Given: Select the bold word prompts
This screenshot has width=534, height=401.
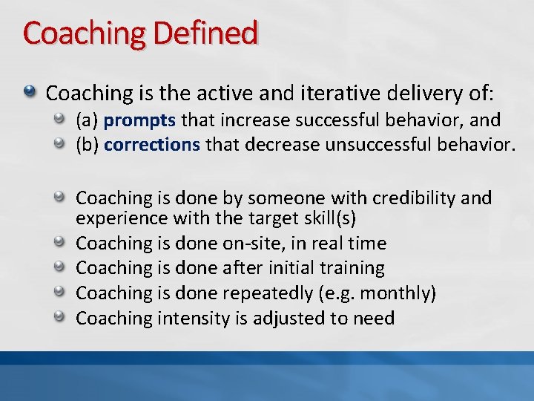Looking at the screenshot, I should (140, 120).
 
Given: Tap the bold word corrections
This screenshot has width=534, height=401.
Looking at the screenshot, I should (152, 144).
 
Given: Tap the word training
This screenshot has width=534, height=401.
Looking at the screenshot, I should (351, 268).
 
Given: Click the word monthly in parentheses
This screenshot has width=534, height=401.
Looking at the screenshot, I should (400, 293).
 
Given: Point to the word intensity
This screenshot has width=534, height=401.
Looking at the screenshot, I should (194, 319).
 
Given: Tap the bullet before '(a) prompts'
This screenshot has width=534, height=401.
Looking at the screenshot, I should (65, 119).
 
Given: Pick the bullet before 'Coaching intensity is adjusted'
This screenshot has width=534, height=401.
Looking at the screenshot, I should (65, 318).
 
